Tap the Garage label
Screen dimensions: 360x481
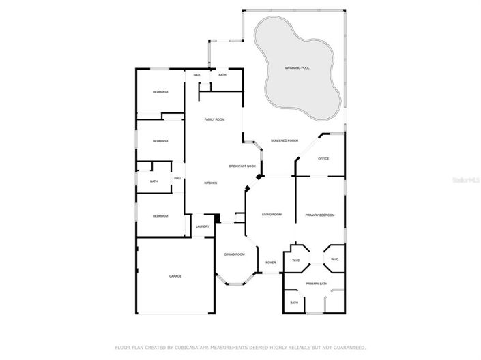pos(175,276)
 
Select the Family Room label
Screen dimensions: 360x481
pos(215,119)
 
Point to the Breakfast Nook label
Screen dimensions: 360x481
pos(242,166)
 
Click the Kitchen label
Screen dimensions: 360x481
pos(211,183)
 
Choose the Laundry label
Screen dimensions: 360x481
pos(203,226)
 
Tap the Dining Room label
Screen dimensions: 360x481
pos(235,254)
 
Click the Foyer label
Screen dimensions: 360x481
pos(271,262)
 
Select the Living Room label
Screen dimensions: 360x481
pos(272,215)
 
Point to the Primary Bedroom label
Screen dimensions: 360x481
pos(320,215)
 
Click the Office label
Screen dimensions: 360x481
pos(323,159)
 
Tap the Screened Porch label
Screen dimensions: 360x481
pos(285,140)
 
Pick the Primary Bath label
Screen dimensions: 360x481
pos(317,283)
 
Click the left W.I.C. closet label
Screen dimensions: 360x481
pos(297,260)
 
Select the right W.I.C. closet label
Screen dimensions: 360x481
pos(335,260)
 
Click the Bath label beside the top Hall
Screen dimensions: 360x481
pos(222,75)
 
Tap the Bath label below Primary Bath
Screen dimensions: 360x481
pos(294,303)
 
